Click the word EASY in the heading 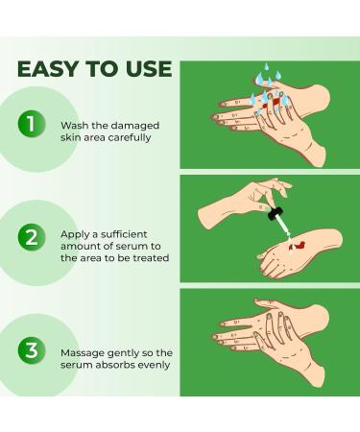pos(49,69)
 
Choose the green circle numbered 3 pos(33,349)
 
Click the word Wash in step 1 pos(73,126)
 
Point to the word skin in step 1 pos(73,137)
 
